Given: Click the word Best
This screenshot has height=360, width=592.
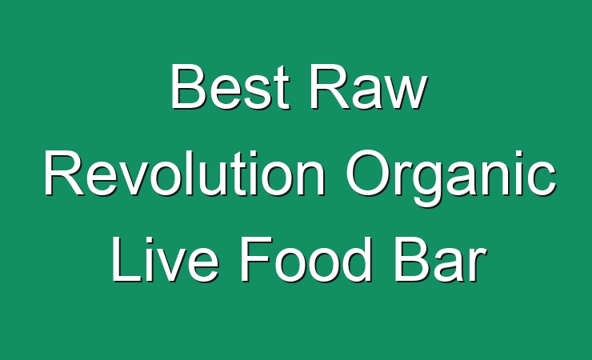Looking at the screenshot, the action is (230, 86).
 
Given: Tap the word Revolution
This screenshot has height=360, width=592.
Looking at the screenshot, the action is (184, 173).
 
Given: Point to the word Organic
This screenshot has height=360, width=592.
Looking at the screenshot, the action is (451, 178).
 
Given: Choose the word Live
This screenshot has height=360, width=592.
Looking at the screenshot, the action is (165, 260).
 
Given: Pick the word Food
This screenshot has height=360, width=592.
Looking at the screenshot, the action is (306, 260).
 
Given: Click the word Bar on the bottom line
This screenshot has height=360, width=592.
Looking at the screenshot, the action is (439, 260).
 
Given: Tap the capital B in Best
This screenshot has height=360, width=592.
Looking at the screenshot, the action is (188, 86).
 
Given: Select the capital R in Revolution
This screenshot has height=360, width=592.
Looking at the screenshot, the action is (63, 173).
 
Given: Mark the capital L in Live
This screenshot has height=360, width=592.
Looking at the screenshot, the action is (126, 260).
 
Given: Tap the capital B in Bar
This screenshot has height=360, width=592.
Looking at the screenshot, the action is (412, 260).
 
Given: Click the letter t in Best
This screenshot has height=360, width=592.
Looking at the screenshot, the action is (282, 89).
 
